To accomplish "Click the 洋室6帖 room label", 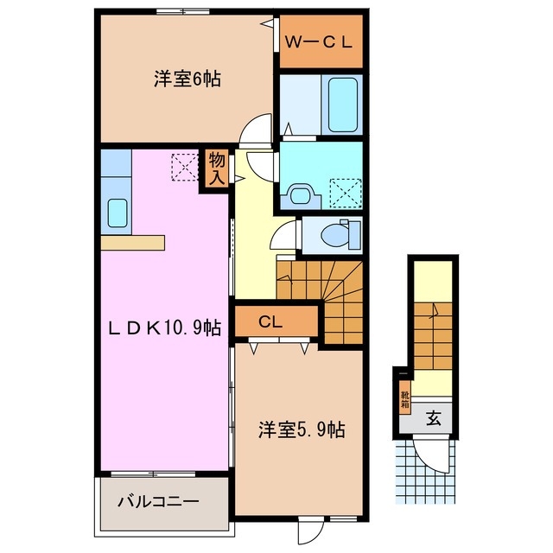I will (x=187, y=79).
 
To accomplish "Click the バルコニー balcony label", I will (x=158, y=501).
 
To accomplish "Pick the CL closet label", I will (x=271, y=323).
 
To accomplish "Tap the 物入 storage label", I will (x=216, y=169).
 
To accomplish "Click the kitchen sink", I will (x=116, y=213).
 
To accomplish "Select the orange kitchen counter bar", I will (x=131, y=243).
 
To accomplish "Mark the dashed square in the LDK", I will (x=184, y=166).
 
